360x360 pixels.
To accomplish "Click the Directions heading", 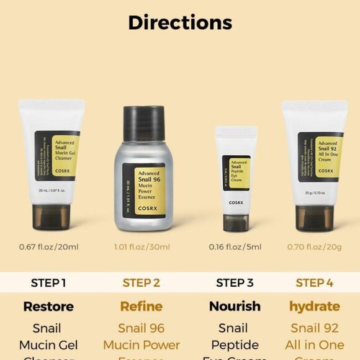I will pos(180,23).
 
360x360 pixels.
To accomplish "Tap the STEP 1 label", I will pos(48,283).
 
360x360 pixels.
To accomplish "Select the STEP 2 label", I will pos(142,283).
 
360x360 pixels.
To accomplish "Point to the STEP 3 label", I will pos(235,283).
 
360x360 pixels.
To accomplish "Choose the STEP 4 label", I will pos(314,283).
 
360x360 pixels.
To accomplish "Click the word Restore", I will pos(48,307).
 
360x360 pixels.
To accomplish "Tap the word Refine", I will pos(142,307).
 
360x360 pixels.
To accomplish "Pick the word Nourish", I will pos(235,307).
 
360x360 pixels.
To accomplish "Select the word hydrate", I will pos(314,307).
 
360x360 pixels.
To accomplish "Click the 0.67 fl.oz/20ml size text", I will pos(48,247).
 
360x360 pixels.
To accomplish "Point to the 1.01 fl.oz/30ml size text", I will pos(142,247).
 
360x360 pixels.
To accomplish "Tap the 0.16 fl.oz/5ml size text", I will pos(235,247).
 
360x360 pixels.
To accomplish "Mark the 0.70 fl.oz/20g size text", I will pos(314,247).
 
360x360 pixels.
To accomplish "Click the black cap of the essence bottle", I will pos(143,122).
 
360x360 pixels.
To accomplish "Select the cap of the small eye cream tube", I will pos(236,222).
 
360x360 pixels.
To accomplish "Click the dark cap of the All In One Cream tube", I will pos(315,217).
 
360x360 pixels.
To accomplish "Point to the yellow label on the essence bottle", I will pos(151,190).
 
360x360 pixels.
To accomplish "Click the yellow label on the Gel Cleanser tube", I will pos(64,155).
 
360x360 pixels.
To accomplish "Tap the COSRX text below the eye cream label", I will pos(236,202).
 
